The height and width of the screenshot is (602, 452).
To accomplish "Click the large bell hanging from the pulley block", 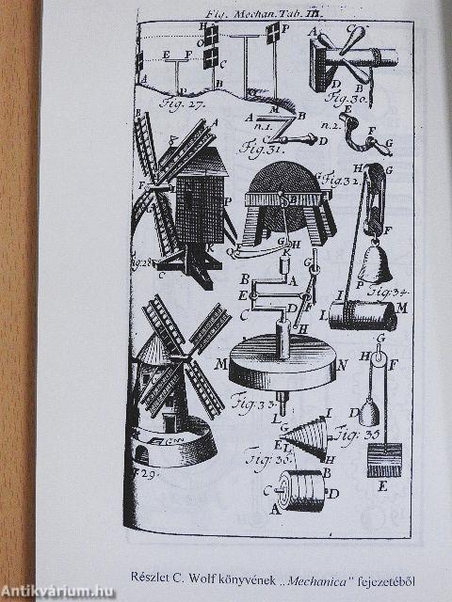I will point(374,265).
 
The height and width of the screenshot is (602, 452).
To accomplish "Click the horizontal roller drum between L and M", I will point(363,315).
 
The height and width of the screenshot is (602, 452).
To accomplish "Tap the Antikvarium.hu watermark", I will point(57,591).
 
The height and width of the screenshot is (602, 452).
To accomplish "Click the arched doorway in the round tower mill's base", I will point(142,454).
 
